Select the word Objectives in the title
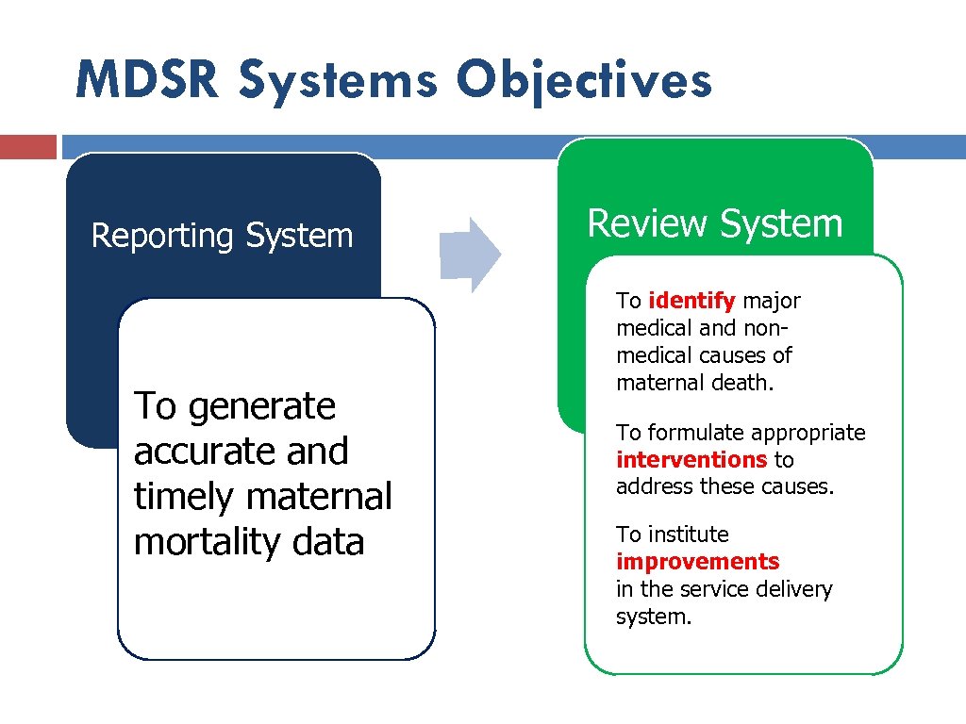pyautogui.click(x=585, y=81)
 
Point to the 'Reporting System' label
pyautogui.click(x=222, y=236)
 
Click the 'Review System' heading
pyautogui.click(x=714, y=223)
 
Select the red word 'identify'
pyautogui.click(x=692, y=301)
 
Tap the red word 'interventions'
pyautogui.click(x=691, y=460)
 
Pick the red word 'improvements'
pyautogui.click(x=697, y=562)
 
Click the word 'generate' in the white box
pyautogui.click(x=262, y=407)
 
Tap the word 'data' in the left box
pyautogui.click(x=328, y=542)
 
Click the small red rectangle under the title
pyautogui.click(x=28, y=147)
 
